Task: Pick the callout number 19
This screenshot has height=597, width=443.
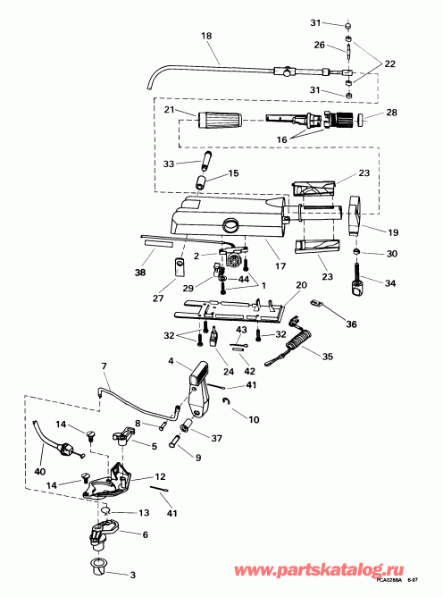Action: (391, 231)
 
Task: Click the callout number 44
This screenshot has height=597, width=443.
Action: (244, 280)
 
